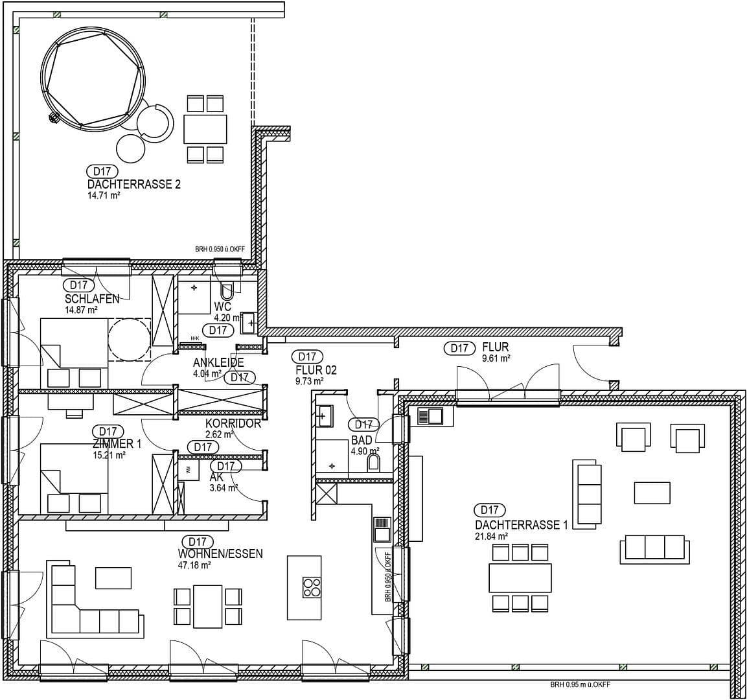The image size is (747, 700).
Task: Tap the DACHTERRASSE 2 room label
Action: click(x=133, y=185)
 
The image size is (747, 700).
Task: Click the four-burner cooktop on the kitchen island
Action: click(x=312, y=587)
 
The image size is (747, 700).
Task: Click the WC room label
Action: click(x=222, y=307)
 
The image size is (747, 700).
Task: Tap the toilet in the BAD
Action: click(x=373, y=462)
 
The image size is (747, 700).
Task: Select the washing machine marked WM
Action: click(x=188, y=470)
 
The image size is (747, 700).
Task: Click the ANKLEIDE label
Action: click(x=218, y=363)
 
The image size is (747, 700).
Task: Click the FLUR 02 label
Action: click(x=316, y=370)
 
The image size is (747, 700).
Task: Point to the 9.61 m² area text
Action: click(x=496, y=358)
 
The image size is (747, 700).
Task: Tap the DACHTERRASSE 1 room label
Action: click(x=521, y=525)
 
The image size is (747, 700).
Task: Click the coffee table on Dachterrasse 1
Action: click(x=652, y=493)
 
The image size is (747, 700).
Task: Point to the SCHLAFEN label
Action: click(x=92, y=299)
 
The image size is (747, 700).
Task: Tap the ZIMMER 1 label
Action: click(x=117, y=444)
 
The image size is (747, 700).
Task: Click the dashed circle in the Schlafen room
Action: click(x=128, y=338)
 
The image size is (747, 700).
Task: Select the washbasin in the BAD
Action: click(x=325, y=415)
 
